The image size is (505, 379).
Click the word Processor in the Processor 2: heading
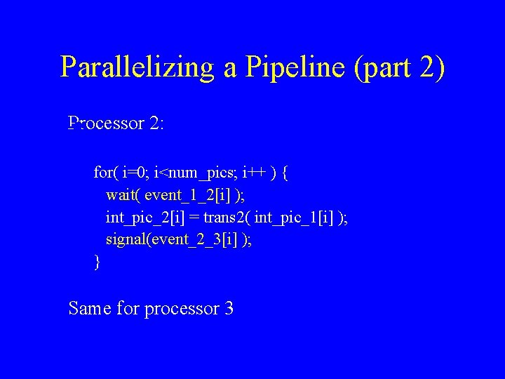point(106,124)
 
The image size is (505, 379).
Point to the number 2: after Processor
point(156,124)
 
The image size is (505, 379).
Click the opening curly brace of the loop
point(284,172)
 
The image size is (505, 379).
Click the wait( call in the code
point(123,194)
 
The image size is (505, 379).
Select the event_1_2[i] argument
point(186,194)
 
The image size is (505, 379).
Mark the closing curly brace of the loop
point(97,262)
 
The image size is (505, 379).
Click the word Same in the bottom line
point(90,308)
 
